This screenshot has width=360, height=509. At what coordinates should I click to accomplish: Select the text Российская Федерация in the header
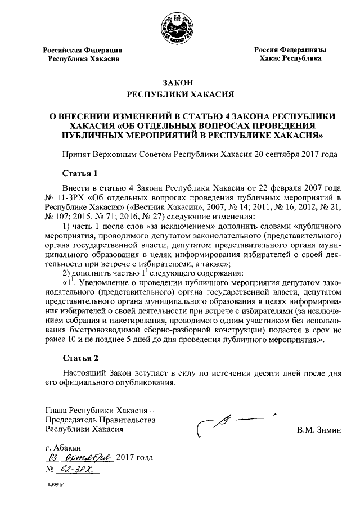[x=83, y=50]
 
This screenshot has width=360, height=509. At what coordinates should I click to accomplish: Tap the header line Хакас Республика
[x=290, y=58]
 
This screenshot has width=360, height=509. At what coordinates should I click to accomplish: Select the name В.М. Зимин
[x=319, y=430]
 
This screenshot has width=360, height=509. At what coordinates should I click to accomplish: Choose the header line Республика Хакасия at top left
[x=83, y=58]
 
